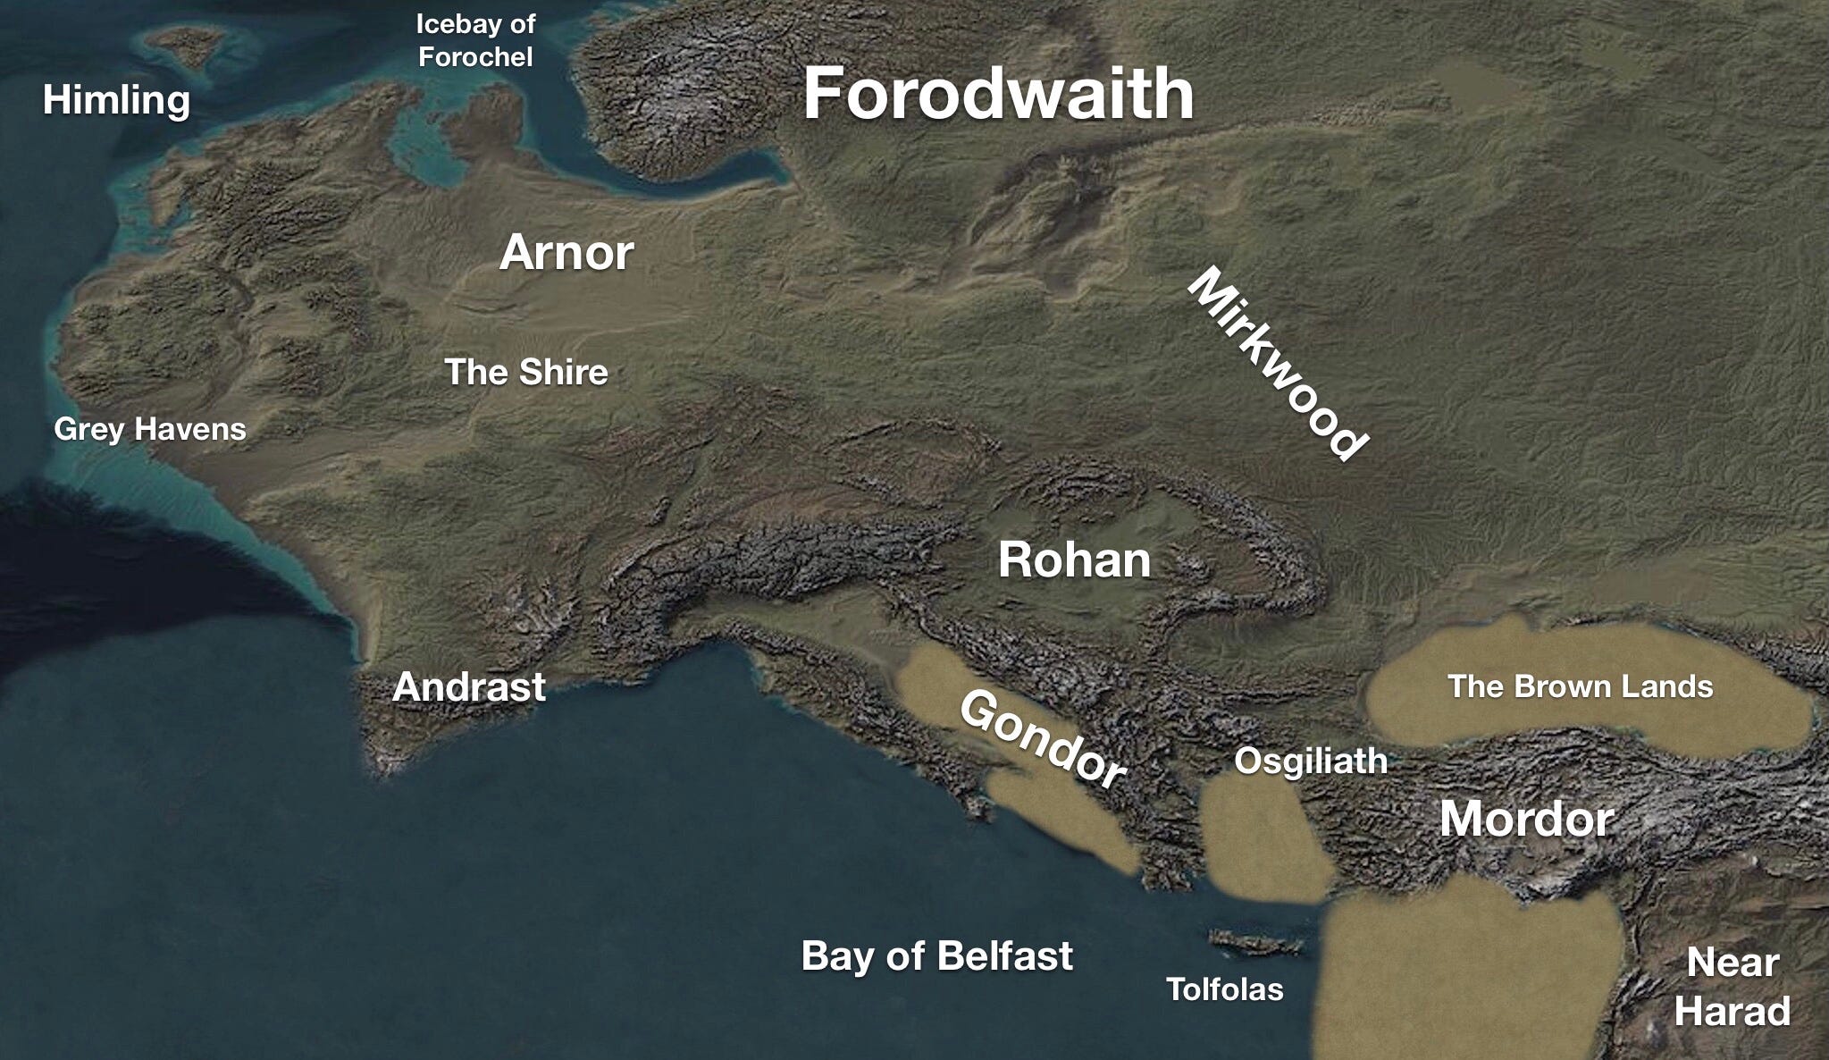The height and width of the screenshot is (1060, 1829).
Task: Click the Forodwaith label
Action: coord(998,95)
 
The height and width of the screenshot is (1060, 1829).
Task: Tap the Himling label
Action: coord(116,99)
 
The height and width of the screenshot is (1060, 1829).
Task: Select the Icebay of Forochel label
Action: coord(475,40)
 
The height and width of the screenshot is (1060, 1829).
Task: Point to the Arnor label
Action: coord(566,253)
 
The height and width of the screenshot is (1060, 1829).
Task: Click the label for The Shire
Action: coord(526,372)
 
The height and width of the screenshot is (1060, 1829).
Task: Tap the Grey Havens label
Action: coord(150,429)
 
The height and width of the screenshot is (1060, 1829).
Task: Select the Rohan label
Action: coord(1074,560)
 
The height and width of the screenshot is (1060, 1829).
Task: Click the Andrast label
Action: coord(469,686)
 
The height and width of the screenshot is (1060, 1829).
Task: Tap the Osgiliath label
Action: coord(1311,761)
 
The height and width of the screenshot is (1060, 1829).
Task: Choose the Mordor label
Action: coord(1526,819)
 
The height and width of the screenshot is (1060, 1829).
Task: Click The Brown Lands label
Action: coord(1580,686)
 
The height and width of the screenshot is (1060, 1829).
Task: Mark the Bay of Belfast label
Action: coord(936,955)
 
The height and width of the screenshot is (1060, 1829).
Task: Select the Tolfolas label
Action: coord(1224,989)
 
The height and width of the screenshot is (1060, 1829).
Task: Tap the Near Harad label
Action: coord(1732,988)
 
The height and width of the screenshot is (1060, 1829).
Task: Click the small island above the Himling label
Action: coord(187,45)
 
